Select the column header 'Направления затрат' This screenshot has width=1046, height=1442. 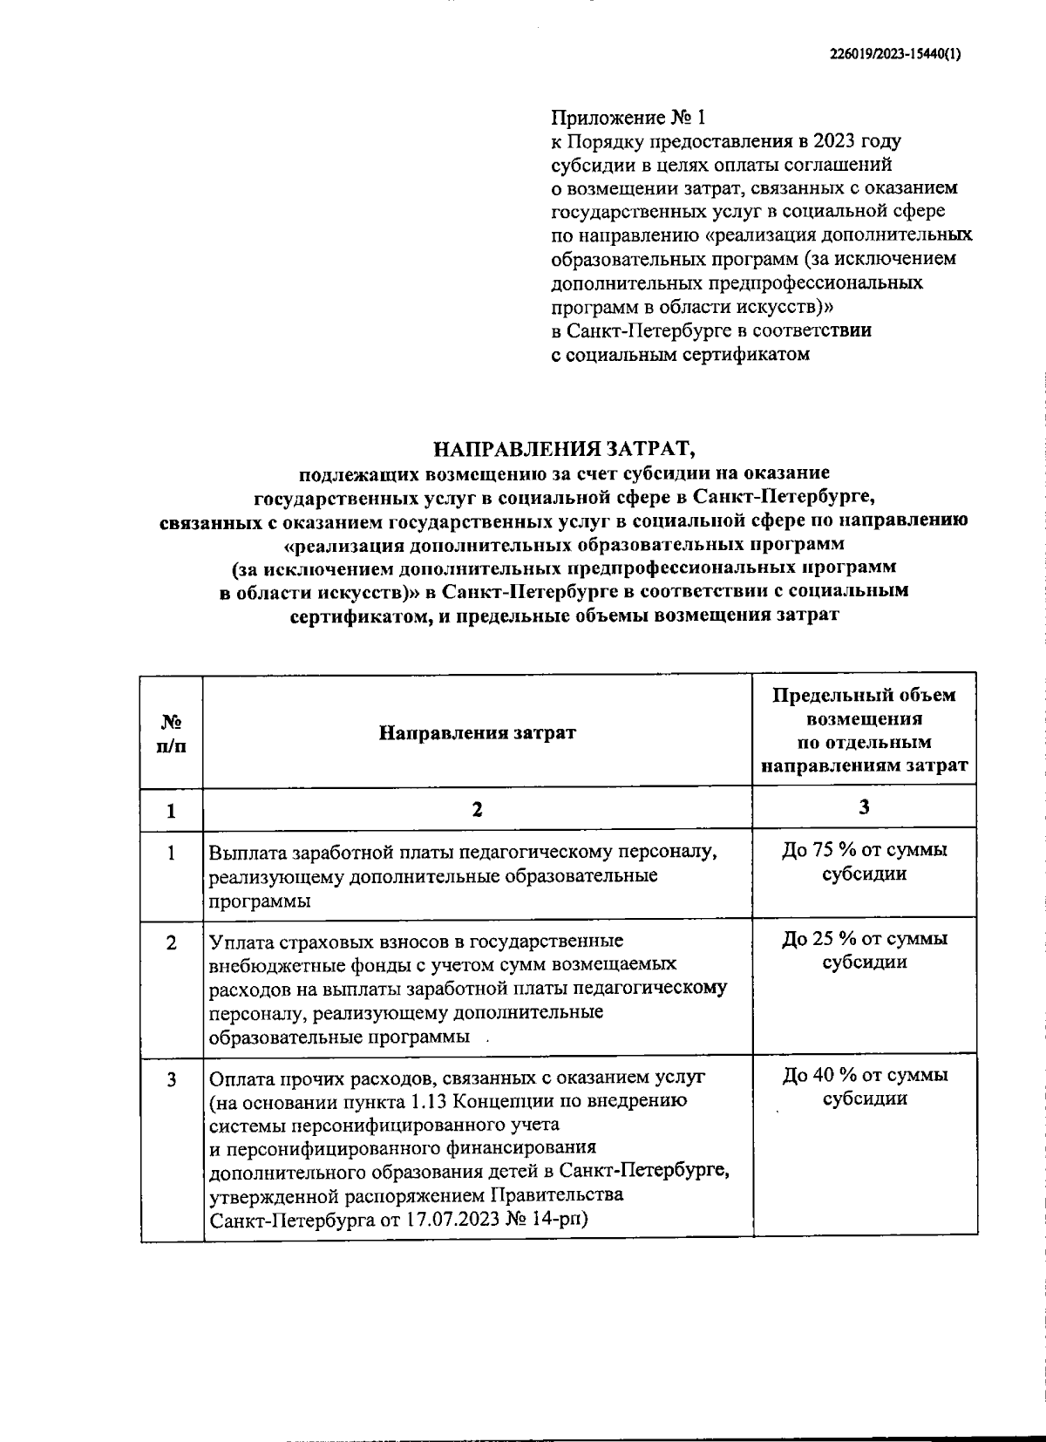[x=477, y=732]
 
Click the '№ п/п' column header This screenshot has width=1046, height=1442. [x=172, y=733]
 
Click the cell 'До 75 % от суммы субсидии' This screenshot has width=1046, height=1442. [x=864, y=861]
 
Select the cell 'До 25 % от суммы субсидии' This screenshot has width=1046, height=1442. [x=864, y=950]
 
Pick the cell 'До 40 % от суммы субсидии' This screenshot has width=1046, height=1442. [x=864, y=1086]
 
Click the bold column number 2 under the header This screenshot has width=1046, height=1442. [x=477, y=810]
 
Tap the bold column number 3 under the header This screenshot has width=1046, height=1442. [x=864, y=808]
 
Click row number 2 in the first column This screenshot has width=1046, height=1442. [x=172, y=943]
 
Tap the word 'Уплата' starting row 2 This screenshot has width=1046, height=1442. [x=240, y=942]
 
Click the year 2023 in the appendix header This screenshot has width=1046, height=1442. [x=836, y=141]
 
